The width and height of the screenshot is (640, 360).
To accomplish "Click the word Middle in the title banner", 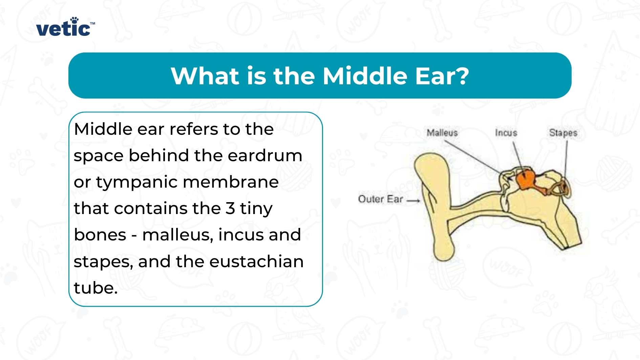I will [x=364, y=76].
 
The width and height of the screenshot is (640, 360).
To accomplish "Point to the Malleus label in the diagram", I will [x=442, y=133].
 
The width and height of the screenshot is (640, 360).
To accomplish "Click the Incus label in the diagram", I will [x=506, y=133].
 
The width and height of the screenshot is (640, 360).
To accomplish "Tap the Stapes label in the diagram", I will [x=563, y=133].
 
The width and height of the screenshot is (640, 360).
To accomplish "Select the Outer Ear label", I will [x=380, y=199].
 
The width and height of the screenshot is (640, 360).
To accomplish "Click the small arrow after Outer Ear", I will [x=413, y=200].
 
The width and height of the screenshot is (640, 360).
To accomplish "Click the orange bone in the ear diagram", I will [x=525, y=179].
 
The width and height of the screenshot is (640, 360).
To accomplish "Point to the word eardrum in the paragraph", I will [x=265, y=156].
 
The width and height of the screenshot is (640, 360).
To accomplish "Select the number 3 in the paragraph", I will [x=230, y=208].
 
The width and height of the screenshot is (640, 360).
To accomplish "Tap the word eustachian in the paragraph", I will [x=256, y=262].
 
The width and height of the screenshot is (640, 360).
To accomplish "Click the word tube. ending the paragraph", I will [x=95, y=288].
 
